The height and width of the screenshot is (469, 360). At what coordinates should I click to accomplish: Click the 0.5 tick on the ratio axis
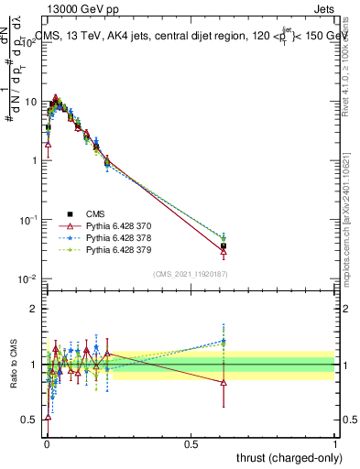(30, 420)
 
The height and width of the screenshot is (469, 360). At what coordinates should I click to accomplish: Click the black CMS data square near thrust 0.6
(224, 245)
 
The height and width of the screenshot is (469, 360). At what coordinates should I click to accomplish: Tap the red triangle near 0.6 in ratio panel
(224, 382)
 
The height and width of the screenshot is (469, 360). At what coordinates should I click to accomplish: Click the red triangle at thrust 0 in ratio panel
(48, 418)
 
